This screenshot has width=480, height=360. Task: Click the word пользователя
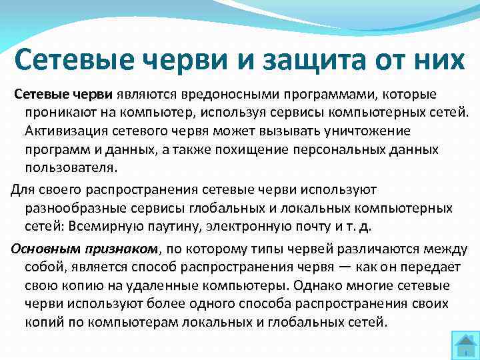click(65, 167)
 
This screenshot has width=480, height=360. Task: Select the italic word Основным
click(43, 249)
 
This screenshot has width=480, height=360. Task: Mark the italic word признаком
click(117, 249)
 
